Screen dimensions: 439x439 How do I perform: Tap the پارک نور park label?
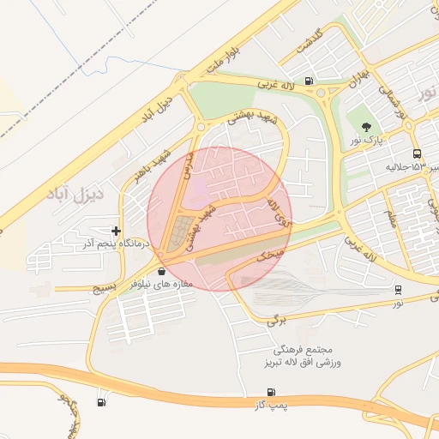pyautogui.click(x=367, y=138)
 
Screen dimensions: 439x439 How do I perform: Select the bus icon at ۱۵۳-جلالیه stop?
pyautogui.click(x=417, y=154)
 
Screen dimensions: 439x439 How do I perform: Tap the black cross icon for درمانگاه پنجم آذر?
pyautogui.click(x=116, y=231)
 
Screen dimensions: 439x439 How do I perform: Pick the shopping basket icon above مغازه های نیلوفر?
pyautogui.click(x=162, y=271)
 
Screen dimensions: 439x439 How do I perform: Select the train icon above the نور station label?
pyautogui.click(x=398, y=290)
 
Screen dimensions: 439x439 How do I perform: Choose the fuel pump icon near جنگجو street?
pyautogui.click(x=102, y=402)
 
